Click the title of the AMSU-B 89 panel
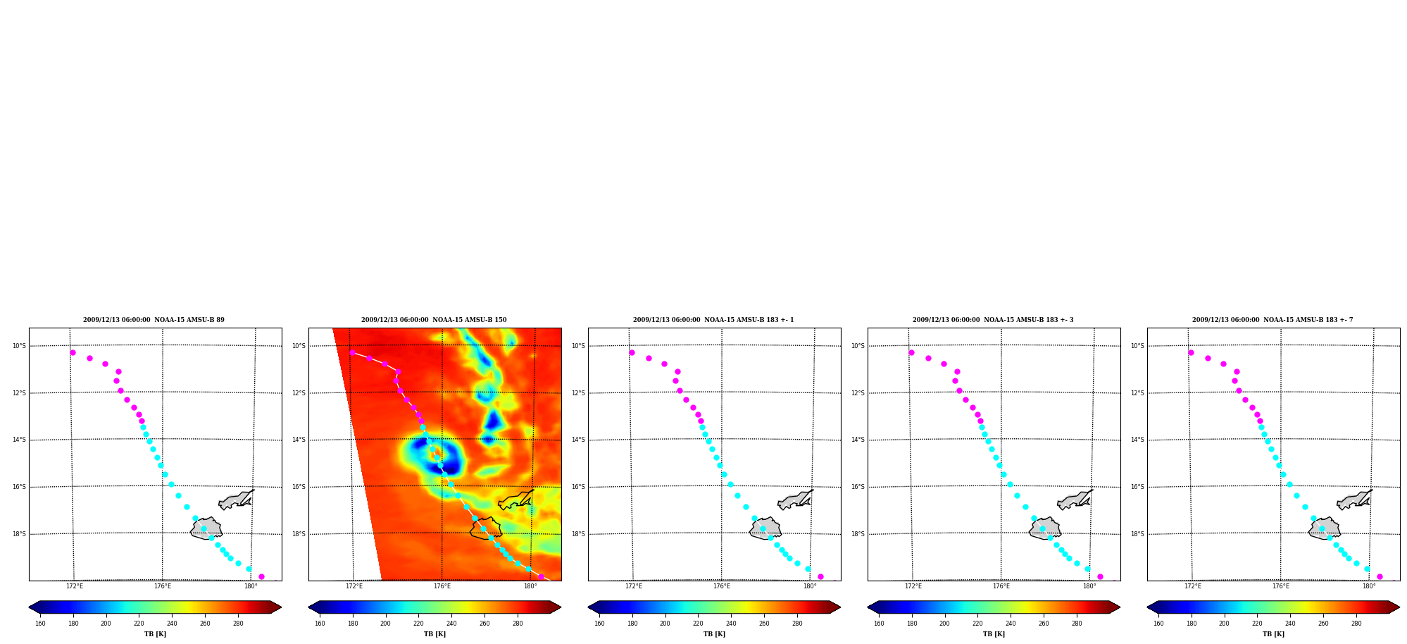point(154,320)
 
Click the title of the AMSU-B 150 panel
point(434,320)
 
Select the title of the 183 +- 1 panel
point(713,320)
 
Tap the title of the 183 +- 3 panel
point(993,320)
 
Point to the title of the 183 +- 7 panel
point(1272,320)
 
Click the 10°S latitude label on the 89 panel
point(19,346)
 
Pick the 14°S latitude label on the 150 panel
point(299,440)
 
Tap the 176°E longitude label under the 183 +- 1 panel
point(722,586)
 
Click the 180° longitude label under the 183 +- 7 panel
point(1369,586)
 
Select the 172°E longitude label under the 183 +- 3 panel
point(913,586)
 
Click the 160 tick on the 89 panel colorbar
point(40,623)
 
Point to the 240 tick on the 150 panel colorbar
point(451,623)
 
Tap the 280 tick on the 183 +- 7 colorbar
point(1356,623)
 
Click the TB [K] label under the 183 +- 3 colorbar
point(994,634)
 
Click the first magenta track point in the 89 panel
point(73,352)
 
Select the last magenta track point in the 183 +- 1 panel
point(820,576)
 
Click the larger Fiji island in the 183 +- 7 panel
point(1324,528)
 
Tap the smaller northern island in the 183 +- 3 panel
point(1073,500)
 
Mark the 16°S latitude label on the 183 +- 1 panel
point(578,487)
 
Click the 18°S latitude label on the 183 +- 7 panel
point(1137,534)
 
